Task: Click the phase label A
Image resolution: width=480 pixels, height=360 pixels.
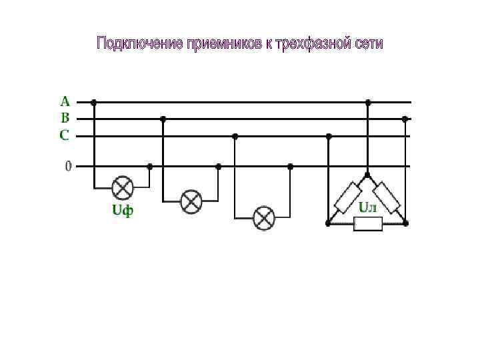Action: click(65, 101)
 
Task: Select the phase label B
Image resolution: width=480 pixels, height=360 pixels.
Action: click(65, 118)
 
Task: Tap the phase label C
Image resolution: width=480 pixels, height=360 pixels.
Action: click(65, 135)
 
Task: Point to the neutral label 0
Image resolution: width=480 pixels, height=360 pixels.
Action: click(68, 165)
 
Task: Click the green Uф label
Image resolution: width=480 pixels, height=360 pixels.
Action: click(122, 211)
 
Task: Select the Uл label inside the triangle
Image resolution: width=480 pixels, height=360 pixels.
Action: click(368, 207)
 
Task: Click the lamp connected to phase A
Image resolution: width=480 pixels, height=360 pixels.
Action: click(122, 187)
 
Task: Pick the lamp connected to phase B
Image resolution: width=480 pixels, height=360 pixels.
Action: click(191, 201)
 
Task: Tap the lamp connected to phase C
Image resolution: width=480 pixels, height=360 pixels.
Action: click(264, 218)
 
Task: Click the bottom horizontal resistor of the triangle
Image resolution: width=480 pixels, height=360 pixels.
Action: click(367, 223)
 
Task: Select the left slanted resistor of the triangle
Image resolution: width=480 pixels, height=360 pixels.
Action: click(347, 197)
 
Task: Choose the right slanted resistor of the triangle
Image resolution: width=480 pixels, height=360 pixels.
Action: click(387, 197)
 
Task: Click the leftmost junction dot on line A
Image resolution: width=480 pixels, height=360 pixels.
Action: click(94, 102)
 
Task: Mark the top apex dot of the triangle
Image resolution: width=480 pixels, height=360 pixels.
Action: click(367, 174)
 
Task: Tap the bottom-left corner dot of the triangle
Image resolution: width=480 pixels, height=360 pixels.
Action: click(327, 223)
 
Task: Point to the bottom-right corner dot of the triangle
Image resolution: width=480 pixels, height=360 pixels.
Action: click(406, 223)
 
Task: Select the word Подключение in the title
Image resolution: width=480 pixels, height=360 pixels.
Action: click(139, 44)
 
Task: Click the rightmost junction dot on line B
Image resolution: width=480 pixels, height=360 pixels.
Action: click(405, 119)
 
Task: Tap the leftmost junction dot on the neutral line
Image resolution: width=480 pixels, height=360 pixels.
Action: click(149, 166)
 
